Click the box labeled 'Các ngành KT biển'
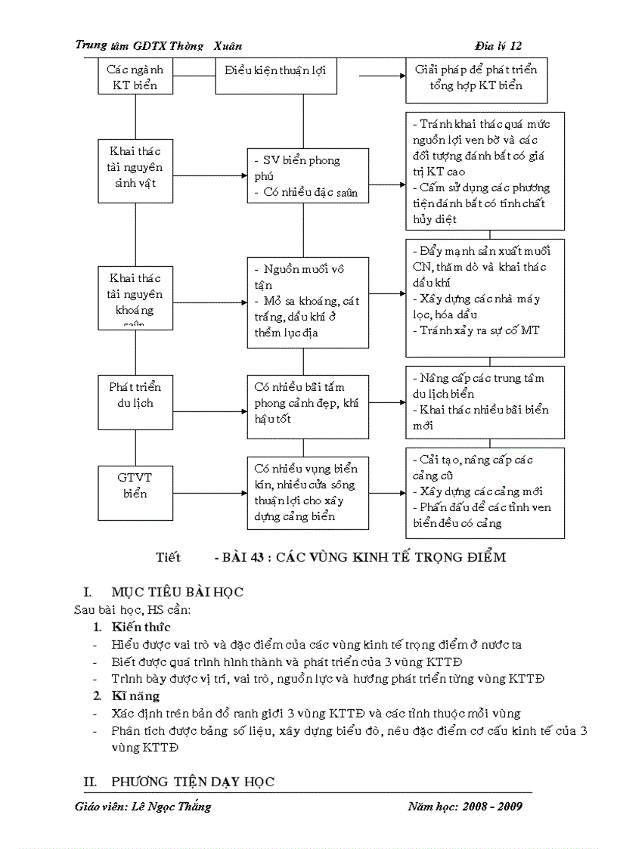(135, 76)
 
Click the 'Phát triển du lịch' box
(135, 395)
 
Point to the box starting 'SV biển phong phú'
(308, 175)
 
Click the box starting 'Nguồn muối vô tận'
(308, 302)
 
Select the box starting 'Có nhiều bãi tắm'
(308, 402)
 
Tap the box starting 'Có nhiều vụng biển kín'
(308, 492)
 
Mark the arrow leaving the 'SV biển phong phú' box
(387, 184)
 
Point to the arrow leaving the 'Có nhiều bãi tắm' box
(387, 402)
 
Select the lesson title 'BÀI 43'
(360, 557)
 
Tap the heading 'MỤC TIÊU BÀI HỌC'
(177, 592)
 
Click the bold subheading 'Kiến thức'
(141, 626)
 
